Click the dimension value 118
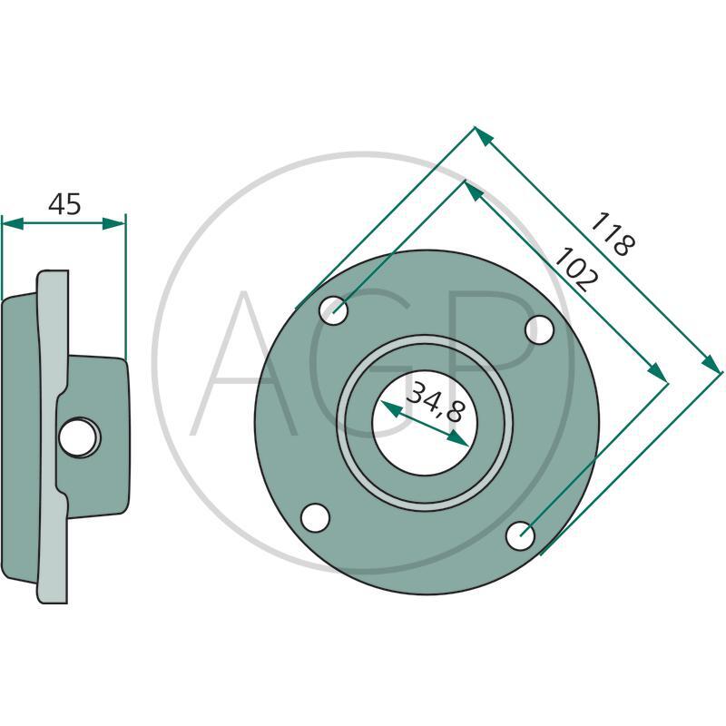click(x=613, y=234)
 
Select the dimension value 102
click(x=576, y=270)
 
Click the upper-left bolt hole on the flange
click(x=333, y=310)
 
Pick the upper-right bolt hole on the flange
click(x=539, y=329)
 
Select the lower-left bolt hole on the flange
click(x=315, y=518)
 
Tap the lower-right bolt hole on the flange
click(x=520, y=535)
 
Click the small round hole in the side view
click(x=79, y=437)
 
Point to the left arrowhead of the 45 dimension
click(x=13, y=223)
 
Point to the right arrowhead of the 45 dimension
click(x=113, y=223)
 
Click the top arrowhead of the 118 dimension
click(x=484, y=136)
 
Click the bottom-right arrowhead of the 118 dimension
click(x=711, y=362)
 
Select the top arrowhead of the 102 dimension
click(x=474, y=191)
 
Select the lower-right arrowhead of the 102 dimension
click(x=656, y=373)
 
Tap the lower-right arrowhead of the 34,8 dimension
click(x=458, y=439)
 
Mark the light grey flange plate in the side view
click(x=54, y=437)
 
